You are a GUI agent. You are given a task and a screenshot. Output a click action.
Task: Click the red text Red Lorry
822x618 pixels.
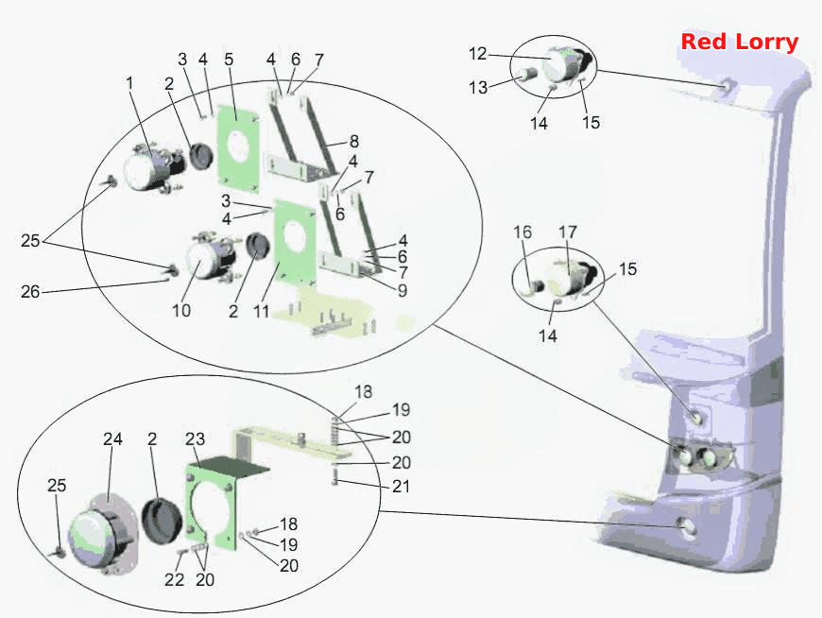739,42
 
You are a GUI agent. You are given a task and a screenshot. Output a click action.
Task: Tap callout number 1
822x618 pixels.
129,83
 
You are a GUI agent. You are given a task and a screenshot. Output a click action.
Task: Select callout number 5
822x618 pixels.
229,60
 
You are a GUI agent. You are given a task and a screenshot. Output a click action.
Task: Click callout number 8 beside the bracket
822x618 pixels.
354,141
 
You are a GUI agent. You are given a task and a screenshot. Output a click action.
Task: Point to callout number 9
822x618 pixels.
402,290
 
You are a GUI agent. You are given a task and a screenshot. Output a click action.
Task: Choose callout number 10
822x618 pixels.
181,310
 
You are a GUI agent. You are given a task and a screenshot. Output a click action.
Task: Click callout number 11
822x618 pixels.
261,311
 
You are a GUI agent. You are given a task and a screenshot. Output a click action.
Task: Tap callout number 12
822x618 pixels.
477,54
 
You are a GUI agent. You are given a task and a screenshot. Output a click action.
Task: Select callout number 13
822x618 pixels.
478,87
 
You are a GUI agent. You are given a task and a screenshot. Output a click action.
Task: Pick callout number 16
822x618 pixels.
522,232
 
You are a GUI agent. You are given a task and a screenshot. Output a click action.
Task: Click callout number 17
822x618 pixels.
568,232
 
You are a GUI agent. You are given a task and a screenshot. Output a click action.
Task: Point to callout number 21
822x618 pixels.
401,487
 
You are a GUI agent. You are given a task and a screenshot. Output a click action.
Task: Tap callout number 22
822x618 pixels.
175,580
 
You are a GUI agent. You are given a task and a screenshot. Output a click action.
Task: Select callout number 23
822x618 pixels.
195,438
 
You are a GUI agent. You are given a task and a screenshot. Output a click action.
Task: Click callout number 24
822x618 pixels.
112,438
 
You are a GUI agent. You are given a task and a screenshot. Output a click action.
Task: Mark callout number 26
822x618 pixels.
30,291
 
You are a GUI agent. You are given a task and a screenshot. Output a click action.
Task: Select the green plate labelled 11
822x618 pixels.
295,243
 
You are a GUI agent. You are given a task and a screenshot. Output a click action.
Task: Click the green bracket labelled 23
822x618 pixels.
210,504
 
